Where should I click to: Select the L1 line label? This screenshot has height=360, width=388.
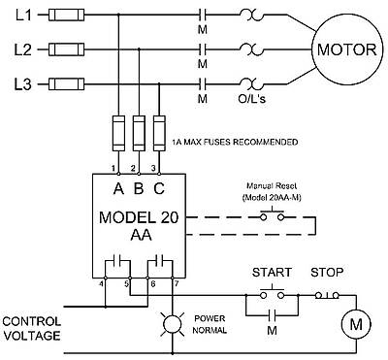tap(19, 16)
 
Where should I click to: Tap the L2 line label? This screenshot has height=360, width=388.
tap(19, 49)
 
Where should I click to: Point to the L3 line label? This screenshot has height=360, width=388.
tap(19, 83)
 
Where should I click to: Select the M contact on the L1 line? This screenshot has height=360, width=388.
tap(203, 16)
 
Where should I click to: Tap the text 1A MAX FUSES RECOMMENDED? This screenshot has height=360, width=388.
tap(234, 142)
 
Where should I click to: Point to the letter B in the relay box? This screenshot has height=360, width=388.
tap(139, 188)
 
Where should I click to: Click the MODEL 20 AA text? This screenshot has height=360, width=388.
tap(139, 224)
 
